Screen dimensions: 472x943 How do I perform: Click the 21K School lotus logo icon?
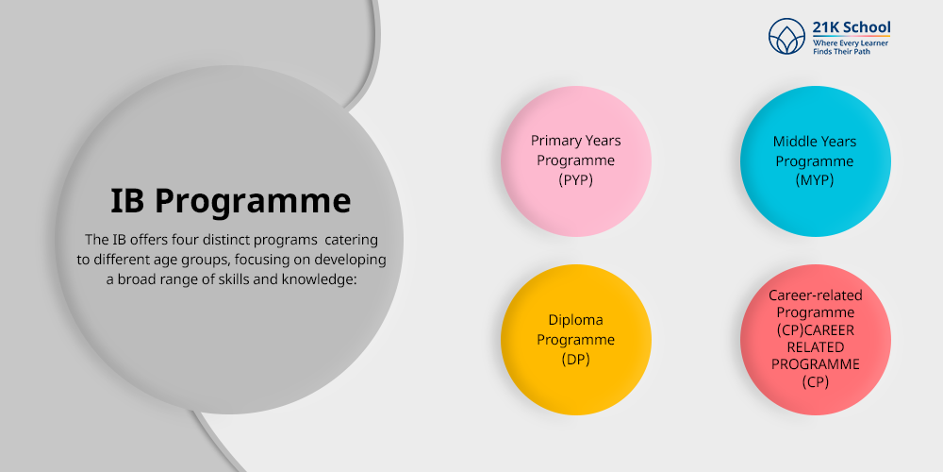coord(786,38)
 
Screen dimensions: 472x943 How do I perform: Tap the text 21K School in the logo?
coord(851,27)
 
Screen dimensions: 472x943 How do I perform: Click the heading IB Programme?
coord(230,200)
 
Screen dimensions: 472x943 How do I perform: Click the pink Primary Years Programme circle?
coord(575,160)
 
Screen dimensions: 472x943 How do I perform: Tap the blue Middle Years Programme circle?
coord(815,160)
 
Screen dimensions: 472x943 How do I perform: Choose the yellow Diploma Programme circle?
coord(575,340)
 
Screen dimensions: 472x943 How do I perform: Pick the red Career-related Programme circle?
coord(815,340)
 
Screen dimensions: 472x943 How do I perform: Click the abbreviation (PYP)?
coord(575,179)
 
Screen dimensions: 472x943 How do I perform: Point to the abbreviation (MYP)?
coord(815,180)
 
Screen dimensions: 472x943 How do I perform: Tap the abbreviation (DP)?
coord(575,359)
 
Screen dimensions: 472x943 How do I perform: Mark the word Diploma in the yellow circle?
coord(575,320)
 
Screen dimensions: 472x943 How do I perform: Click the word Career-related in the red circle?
coord(815,295)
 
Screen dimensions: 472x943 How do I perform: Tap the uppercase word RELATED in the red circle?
coord(815,346)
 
